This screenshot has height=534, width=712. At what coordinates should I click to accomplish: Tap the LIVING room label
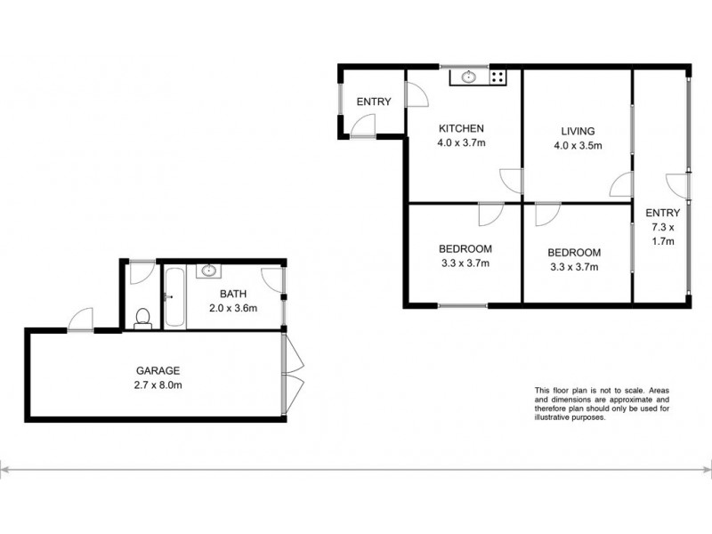coord(570,131)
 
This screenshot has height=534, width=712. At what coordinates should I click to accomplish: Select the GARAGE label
coord(158,370)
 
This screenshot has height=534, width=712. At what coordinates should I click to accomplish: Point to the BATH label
coord(233,295)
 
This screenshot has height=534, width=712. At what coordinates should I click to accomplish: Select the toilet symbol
coord(141,317)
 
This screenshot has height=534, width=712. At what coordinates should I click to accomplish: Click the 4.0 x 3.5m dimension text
coord(577,146)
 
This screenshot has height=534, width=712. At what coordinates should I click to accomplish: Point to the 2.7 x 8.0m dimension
coord(158,385)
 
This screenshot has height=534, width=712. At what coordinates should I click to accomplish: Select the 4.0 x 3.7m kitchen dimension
coord(461,142)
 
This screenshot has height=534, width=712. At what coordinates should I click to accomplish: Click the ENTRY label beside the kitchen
coord(374,101)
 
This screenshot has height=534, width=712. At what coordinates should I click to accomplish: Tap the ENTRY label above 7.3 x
coord(663,212)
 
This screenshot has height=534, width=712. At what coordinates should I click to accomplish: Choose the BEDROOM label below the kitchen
coord(465,248)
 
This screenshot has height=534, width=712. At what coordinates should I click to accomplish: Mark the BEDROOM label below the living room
coord(574,252)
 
